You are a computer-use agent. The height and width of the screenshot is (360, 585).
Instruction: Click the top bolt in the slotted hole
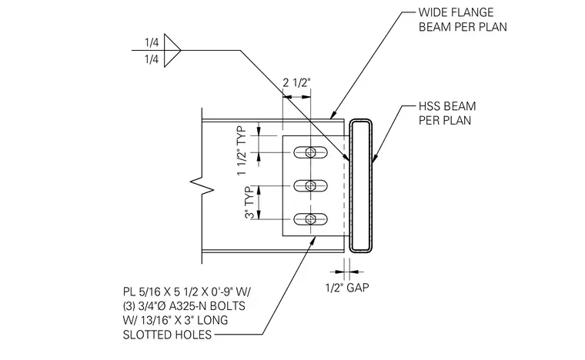click(310, 152)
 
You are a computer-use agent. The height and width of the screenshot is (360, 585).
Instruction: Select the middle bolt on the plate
click(310, 185)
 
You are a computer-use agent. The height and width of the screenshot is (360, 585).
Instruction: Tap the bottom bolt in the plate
click(310, 219)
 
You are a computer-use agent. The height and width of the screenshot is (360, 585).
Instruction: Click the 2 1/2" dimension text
click(296, 82)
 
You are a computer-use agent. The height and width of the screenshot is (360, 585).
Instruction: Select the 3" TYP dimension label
click(250, 202)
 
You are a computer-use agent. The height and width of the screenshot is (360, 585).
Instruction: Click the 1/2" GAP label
click(347, 288)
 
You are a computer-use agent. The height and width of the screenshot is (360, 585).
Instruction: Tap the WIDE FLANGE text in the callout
click(456, 12)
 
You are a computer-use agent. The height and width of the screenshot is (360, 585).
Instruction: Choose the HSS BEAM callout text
click(447, 106)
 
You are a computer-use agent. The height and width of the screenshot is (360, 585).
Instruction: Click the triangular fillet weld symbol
click(172, 50)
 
